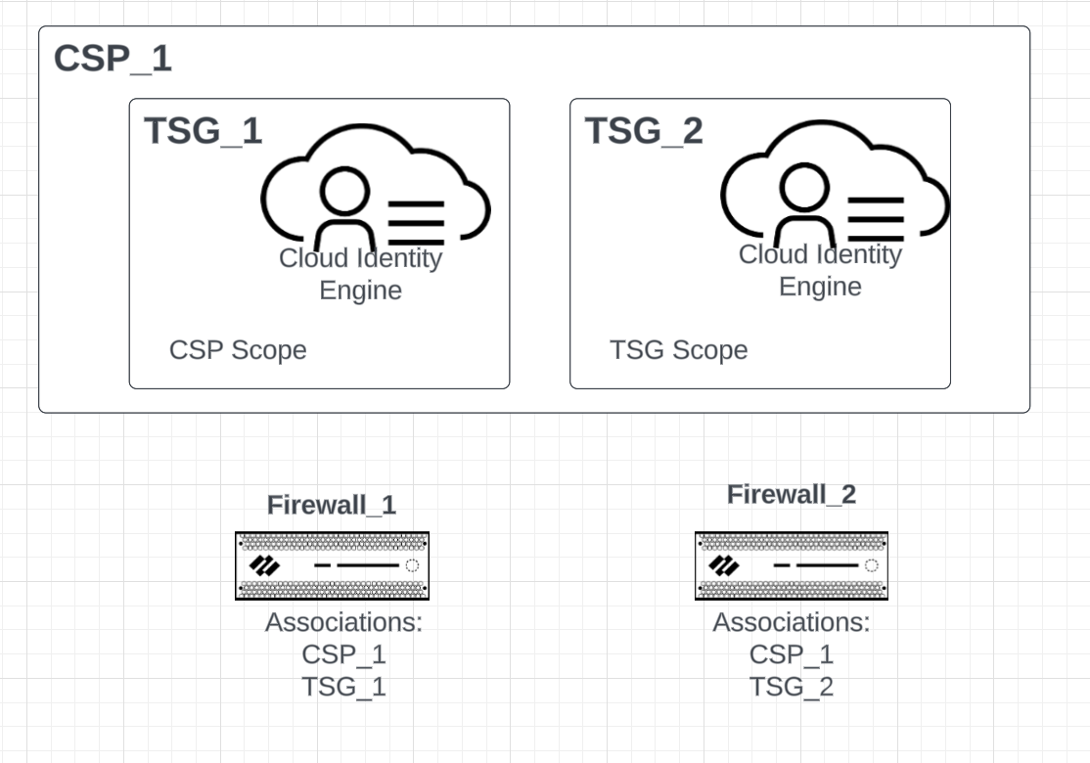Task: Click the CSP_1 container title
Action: [x=113, y=59]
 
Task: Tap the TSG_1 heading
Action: [x=204, y=130]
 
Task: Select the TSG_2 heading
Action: [x=644, y=130]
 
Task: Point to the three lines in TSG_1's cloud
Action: [x=417, y=223]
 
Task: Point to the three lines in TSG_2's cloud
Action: [x=876, y=219]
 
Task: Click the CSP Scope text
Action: [x=238, y=350]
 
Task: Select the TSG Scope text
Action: [x=678, y=350]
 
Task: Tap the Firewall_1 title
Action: [x=332, y=505]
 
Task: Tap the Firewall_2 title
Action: [x=791, y=495]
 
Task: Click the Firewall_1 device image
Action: [x=332, y=565]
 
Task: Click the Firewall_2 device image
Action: [x=791, y=565]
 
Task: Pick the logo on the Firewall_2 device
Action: [x=724, y=565]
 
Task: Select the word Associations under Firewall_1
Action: [x=343, y=623]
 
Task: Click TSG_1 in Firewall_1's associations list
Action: [x=343, y=687]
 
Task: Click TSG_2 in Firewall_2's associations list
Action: [x=791, y=687]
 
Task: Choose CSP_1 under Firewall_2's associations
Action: [x=791, y=654]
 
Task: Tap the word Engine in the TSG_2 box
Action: [x=820, y=287]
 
